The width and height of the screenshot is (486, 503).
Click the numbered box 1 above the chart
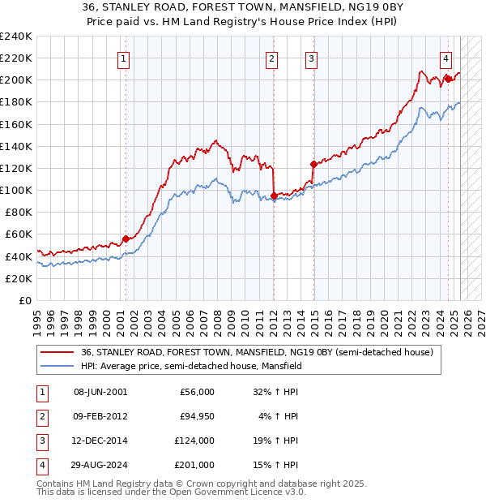[x=123, y=58]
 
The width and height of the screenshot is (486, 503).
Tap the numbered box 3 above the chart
[x=311, y=58]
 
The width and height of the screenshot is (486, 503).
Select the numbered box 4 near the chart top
[x=446, y=58]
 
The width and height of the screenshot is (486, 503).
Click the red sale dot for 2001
[x=126, y=239]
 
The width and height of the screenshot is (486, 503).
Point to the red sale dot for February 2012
[x=274, y=196]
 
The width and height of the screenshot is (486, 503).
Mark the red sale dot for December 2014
[x=313, y=164]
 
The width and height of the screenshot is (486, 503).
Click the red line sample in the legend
[x=56, y=352]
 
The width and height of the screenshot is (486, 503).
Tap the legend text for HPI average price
[x=191, y=366]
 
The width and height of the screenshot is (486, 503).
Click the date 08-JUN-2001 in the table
[x=100, y=392]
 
